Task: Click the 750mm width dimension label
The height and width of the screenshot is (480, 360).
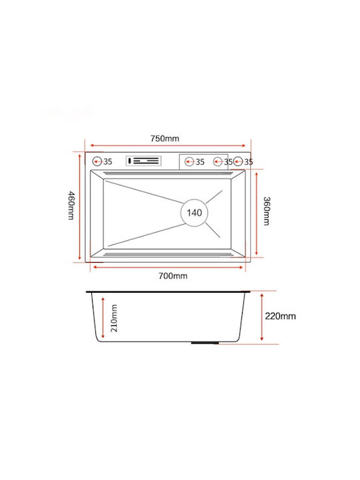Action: coord(165,139)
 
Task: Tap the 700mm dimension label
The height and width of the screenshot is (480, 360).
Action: coord(173,276)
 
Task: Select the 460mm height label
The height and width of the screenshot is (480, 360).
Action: coord(71,205)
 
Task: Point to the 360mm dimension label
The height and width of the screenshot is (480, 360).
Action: coord(267,211)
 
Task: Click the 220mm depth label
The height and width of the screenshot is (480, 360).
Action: coord(280,316)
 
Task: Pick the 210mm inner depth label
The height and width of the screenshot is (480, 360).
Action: coord(114,318)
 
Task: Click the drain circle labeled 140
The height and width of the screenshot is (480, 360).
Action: coord(194,213)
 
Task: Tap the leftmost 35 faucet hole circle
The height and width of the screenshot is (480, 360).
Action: coord(97,161)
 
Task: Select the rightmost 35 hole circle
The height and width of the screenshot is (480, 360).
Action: coord(238,161)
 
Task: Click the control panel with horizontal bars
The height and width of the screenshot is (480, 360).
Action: coord(143,161)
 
